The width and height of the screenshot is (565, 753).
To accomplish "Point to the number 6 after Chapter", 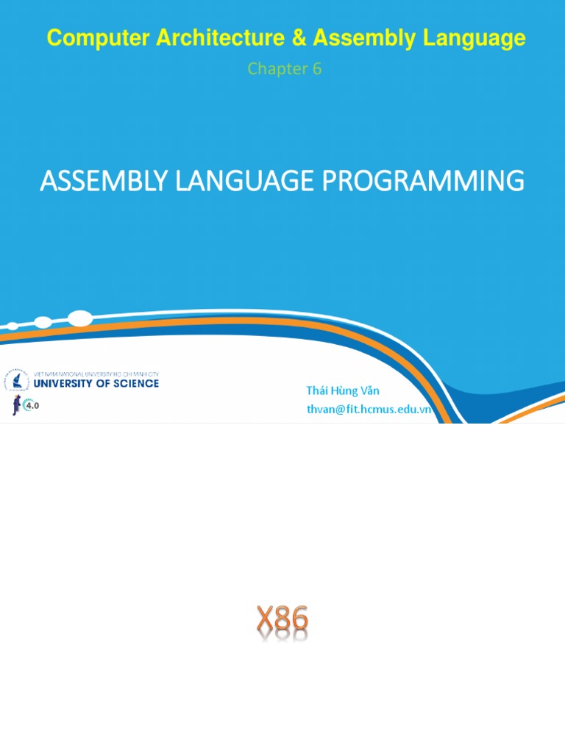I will (x=317, y=69).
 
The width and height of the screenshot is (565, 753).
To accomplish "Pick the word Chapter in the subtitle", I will (x=275, y=69).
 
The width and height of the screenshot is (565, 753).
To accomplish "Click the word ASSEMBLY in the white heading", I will (x=105, y=181).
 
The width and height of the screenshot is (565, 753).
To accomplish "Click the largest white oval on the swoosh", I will (x=79, y=318).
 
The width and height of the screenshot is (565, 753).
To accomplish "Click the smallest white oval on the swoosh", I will (x=13, y=326).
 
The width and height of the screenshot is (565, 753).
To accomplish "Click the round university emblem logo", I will (x=16, y=381).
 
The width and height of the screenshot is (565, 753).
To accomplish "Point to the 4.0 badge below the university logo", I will (x=32, y=405).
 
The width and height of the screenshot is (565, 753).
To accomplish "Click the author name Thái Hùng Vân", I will (x=343, y=390).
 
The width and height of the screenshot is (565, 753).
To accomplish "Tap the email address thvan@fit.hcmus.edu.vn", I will (x=369, y=410).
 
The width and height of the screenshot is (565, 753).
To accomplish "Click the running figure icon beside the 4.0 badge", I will (x=15, y=404).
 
